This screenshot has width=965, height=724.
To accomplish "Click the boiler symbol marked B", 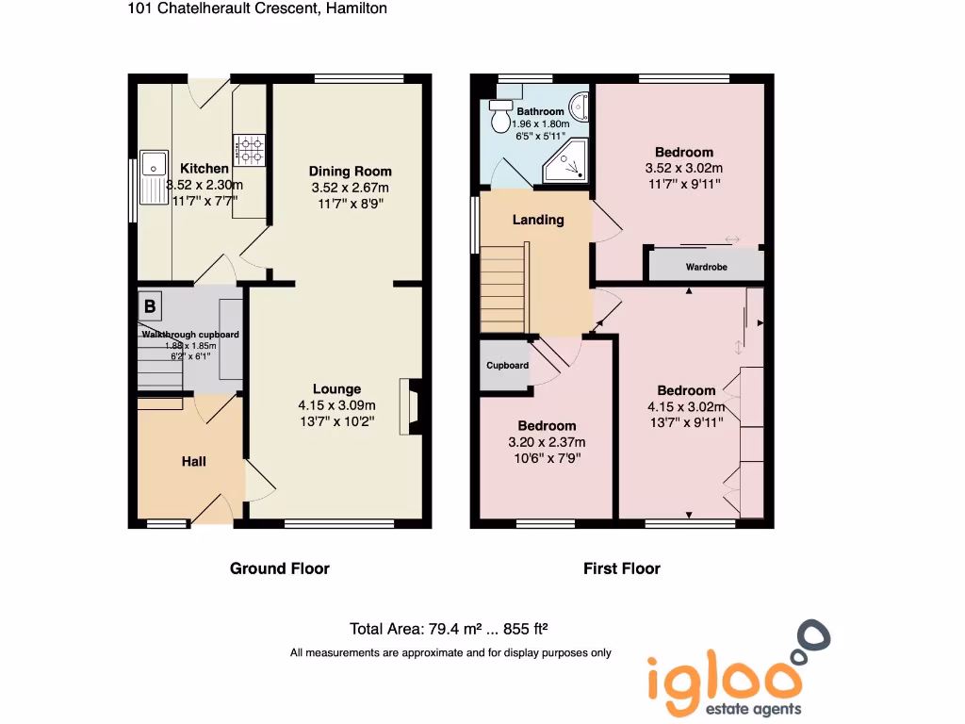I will click(149, 306).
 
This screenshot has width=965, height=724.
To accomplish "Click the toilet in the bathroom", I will click(499, 117).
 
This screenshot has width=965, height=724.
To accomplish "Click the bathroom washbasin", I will click(581, 106).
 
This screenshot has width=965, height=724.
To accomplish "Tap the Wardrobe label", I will click(706, 267).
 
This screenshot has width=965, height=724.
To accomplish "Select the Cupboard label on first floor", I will click(507, 365).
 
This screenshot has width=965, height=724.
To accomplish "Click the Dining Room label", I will click(350, 172).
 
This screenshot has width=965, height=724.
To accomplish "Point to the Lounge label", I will click(336, 389).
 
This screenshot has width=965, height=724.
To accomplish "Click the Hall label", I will click(194, 461).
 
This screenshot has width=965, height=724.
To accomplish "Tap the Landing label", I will click(538, 220).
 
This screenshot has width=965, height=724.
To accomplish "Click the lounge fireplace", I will click(410, 406).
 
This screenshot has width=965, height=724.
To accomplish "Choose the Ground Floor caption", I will click(280, 568).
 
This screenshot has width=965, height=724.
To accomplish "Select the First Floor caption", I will click(622, 568).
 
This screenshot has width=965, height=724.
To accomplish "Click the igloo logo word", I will click(723, 675).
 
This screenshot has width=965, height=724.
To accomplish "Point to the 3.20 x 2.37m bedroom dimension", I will click(547, 442).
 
